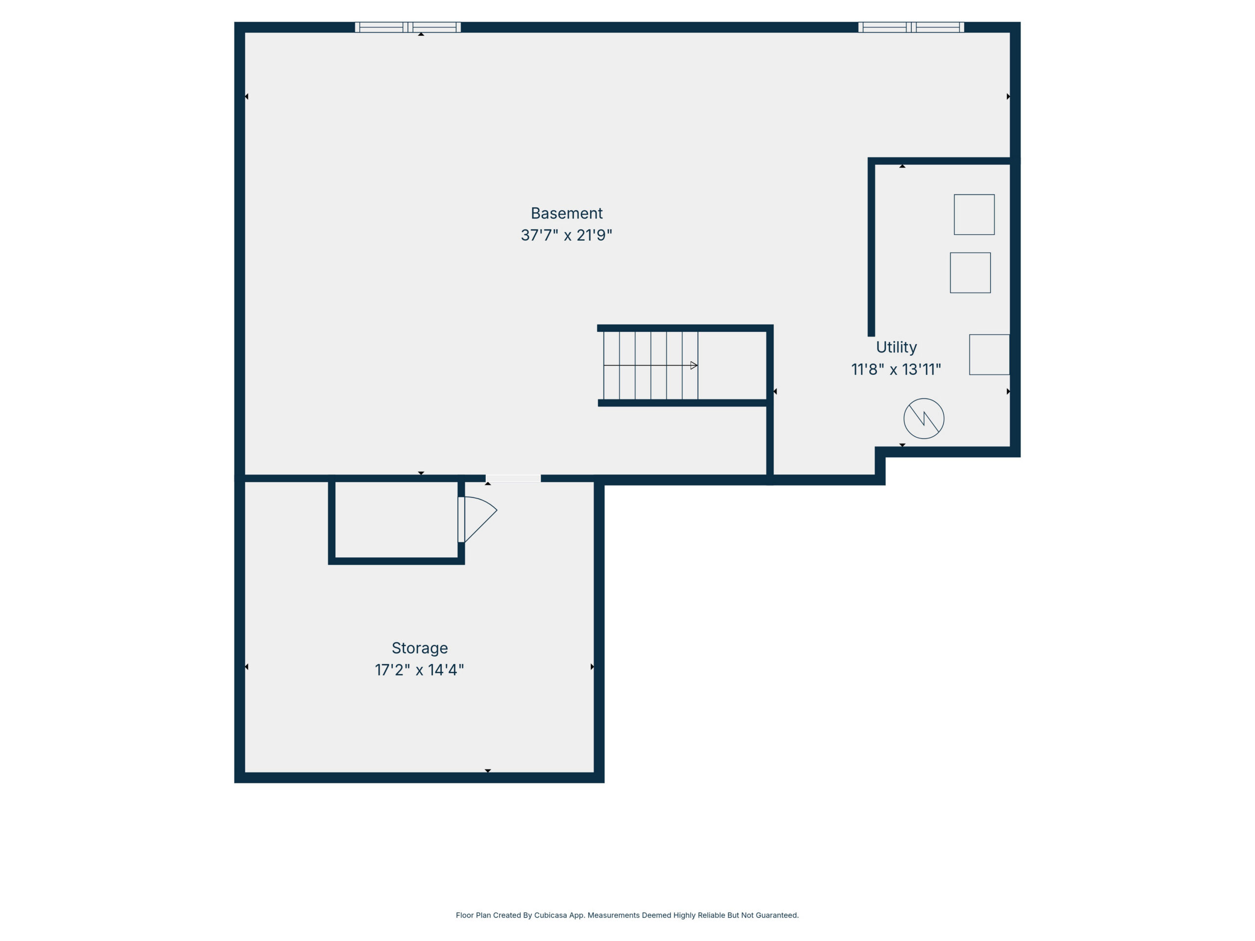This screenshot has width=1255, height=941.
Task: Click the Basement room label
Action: [566, 213]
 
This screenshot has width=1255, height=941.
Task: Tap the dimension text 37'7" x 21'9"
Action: [566, 235]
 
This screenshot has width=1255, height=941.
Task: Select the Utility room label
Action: [896, 347]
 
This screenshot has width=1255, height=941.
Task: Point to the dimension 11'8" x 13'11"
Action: [896, 369]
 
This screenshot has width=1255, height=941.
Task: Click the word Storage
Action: [420, 648]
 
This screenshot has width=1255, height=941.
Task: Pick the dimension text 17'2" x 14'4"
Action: [419, 670]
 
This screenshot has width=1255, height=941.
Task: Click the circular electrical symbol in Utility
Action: [924, 419]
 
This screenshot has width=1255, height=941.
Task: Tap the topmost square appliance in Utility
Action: [974, 214]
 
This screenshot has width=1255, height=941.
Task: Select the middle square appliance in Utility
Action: [970, 273]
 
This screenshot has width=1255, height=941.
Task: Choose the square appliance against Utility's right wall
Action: [989, 354]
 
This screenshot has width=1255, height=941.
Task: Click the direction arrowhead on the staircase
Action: [694, 365]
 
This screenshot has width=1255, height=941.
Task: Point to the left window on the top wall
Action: [408, 27]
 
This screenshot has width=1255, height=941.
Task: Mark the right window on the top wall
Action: [911, 27]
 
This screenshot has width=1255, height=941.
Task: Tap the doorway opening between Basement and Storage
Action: [513, 479]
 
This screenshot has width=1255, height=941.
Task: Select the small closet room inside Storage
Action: [397, 520]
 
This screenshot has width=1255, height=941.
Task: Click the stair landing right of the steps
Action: [732, 365]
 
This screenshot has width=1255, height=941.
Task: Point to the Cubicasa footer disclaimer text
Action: [627, 915]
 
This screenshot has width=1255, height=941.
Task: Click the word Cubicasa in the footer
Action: [551, 915]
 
